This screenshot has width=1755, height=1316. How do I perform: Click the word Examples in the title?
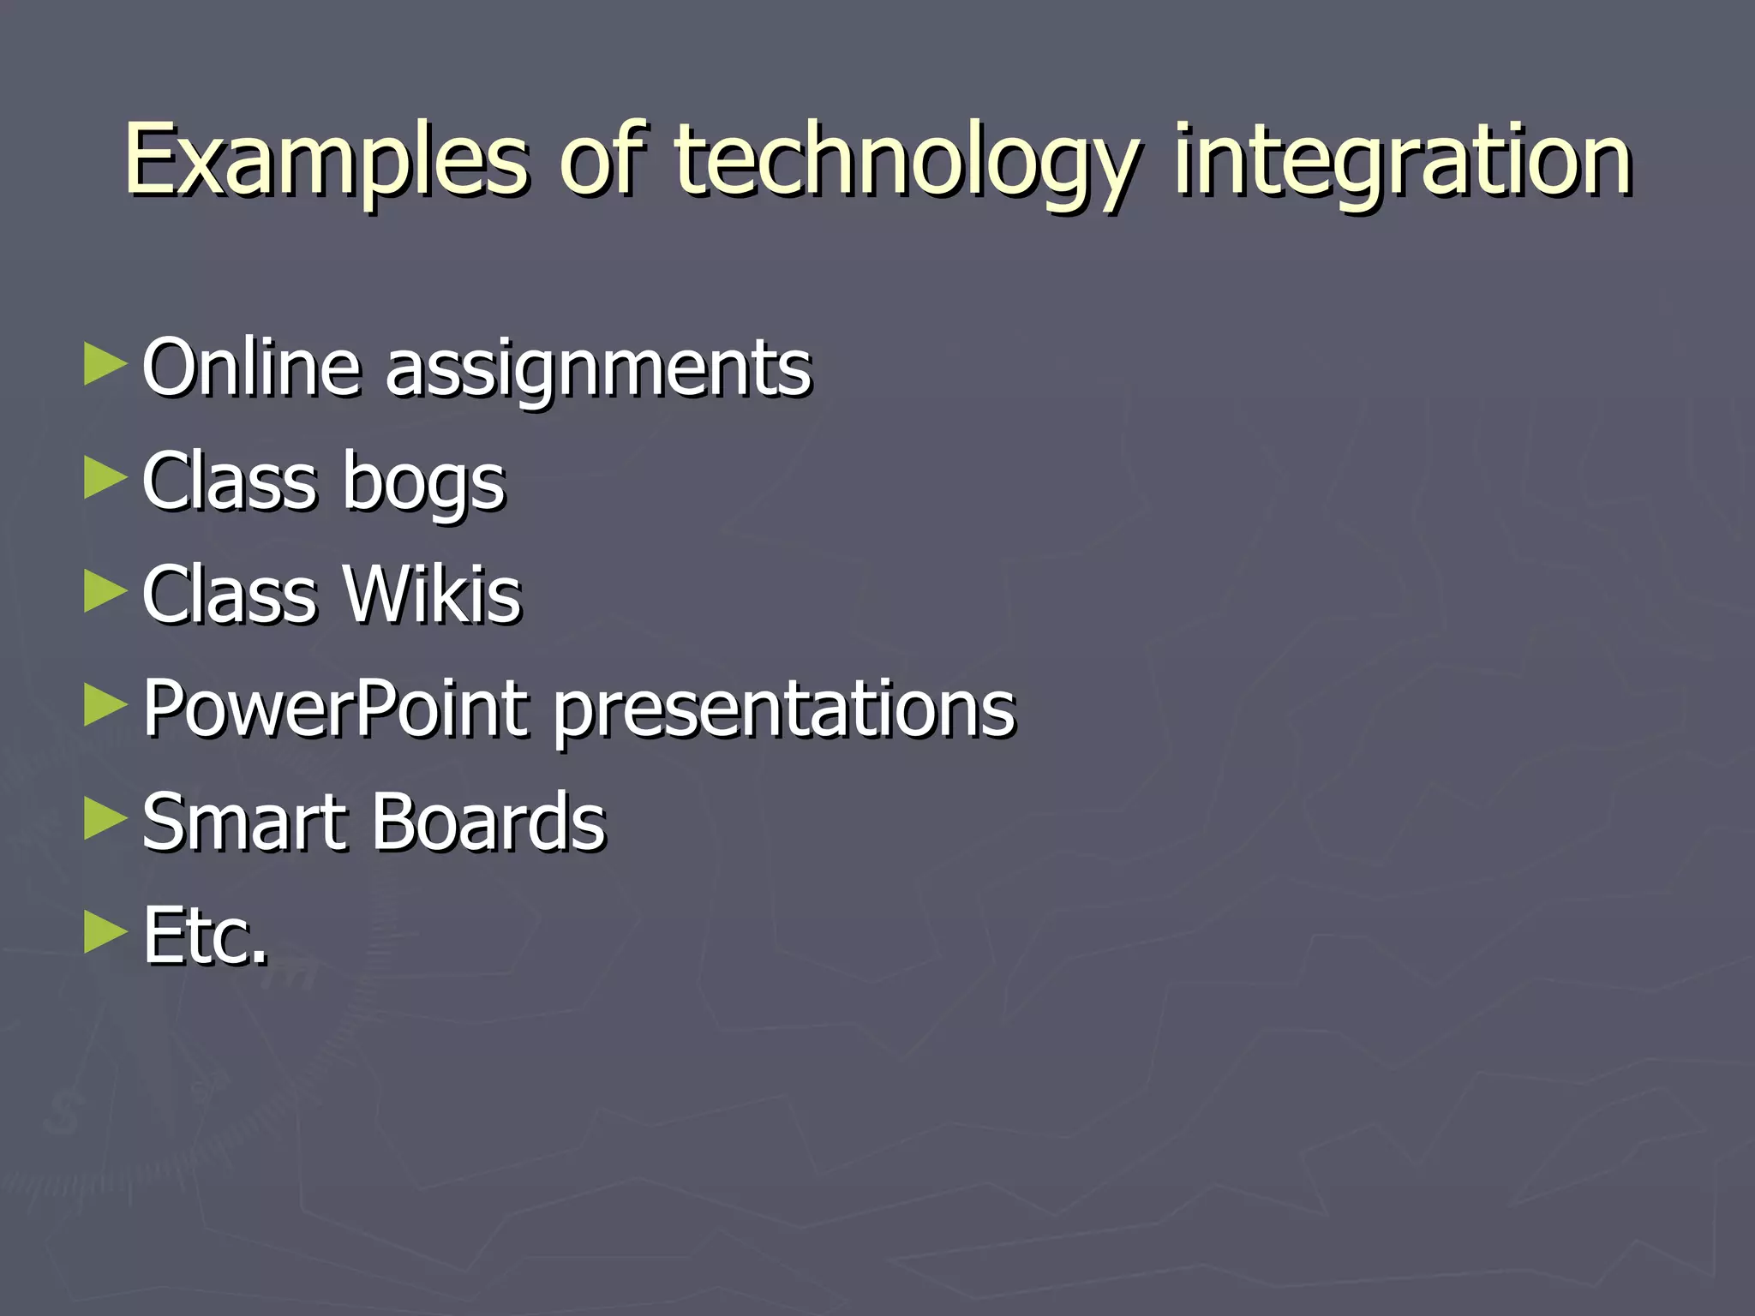[326, 161]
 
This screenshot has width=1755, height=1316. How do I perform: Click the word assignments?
[598, 370]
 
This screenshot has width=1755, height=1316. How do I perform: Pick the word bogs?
[424, 483]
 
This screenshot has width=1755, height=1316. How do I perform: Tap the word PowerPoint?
[335, 709]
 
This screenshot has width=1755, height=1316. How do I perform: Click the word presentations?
[784, 711]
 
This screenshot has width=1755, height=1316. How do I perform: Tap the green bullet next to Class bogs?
[105, 478]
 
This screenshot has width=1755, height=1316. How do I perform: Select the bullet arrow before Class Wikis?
[105, 592]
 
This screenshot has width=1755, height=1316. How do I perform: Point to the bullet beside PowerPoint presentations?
[105, 706]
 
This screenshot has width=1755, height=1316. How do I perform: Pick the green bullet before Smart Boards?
[105, 819]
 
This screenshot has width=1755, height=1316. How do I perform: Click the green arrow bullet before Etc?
[105, 933]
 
